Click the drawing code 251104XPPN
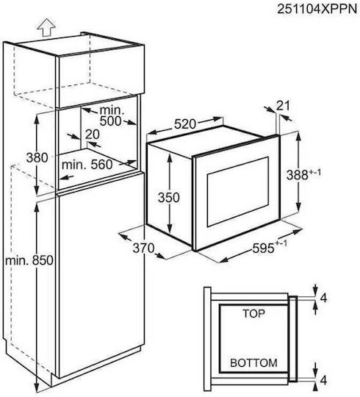pyautogui.click(x=317, y=9)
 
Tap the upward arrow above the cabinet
pyautogui.click(x=46, y=27)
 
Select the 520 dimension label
pyautogui.click(x=185, y=124)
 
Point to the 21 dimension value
pyautogui.click(x=283, y=106)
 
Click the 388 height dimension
pyautogui.click(x=303, y=174)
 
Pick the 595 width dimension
pyautogui.click(x=270, y=247)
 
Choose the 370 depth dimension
pyautogui.click(x=143, y=248)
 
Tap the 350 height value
pyautogui.click(x=169, y=197)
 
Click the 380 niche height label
pyautogui.click(x=37, y=157)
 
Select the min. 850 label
pyautogui.click(x=29, y=260)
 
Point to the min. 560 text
pyautogui.click(x=87, y=165)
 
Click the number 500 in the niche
pyautogui.click(x=110, y=121)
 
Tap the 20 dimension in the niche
pyautogui.click(x=93, y=135)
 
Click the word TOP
pyautogui.click(x=253, y=313)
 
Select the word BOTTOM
pyautogui.click(x=253, y=363)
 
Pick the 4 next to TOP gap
pyautogui.click(x=323, y=298)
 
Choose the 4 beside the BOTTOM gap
pyautogui.click(x=323, y=380)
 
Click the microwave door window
pyautogui.click(x=238, y=192)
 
